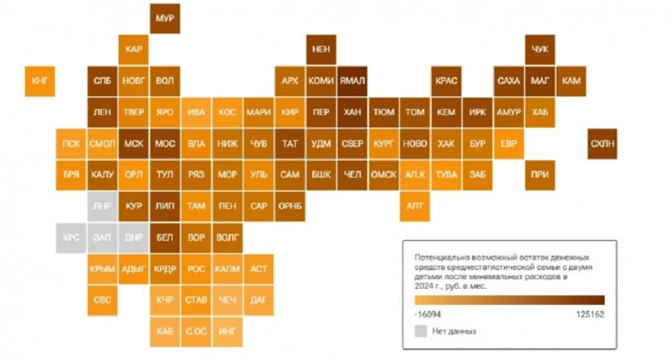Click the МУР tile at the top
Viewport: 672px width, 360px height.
pos(165,18)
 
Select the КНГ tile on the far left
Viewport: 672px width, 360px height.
pos(40,81)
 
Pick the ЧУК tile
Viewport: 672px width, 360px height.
pos(540,50)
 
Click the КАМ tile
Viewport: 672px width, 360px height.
pos(571,81)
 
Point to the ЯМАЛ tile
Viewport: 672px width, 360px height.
pos(352,81)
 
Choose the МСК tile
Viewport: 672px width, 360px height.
pos(133,144)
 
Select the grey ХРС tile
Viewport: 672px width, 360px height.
pos(70,238)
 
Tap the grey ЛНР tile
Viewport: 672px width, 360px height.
pos(102,206)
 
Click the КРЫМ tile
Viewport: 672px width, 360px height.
pos(102,269)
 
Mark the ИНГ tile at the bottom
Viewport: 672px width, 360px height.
pos(227,330)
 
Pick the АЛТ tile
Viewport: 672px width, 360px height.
pos(415,206)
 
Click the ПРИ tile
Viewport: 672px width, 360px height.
pos(540,174)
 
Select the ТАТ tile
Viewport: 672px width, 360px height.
pos(290,144)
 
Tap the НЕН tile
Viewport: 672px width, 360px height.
pos(321,50)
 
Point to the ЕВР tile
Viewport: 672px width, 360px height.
pos(509,144)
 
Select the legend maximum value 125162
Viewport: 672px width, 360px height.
pos(589,314)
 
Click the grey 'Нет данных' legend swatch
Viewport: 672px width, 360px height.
pos(421,330)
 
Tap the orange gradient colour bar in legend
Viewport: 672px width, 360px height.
pos(510,300)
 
